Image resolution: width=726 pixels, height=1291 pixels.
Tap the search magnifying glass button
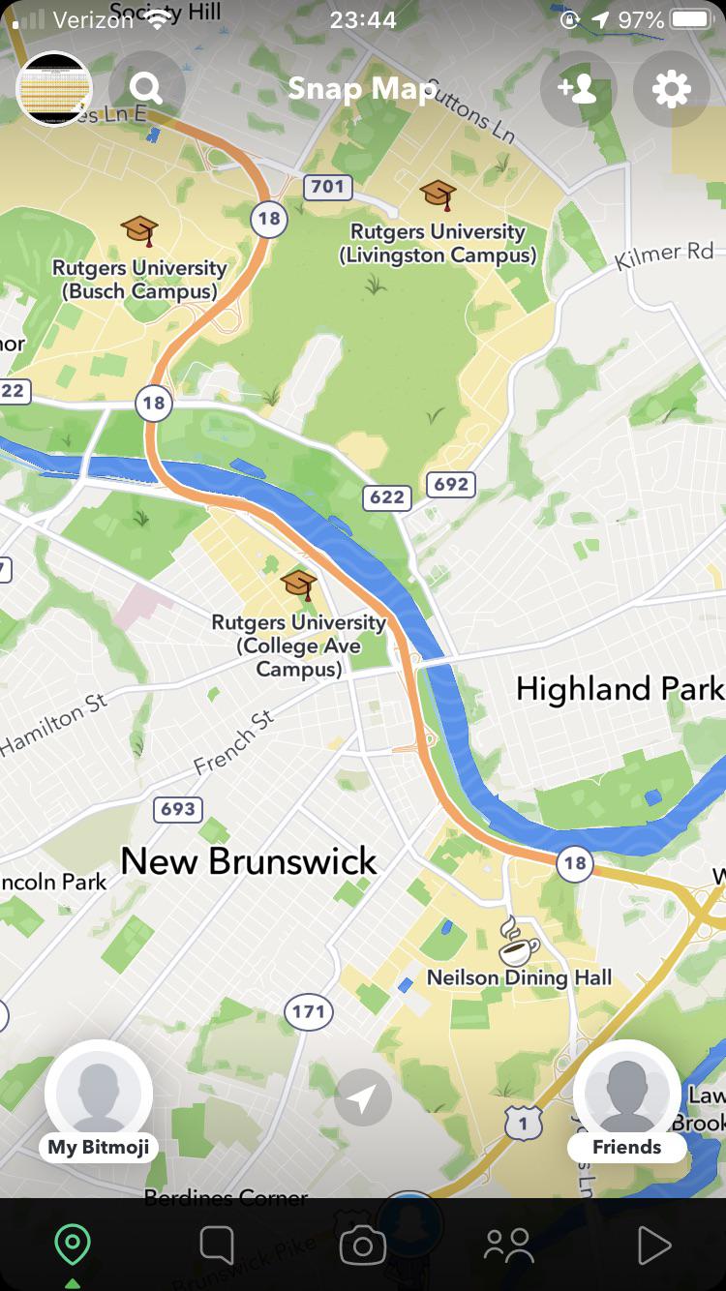(x=146, y=89)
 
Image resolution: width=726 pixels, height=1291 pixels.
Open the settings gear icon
(x=671, y=89)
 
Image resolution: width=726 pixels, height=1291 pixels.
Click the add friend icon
(x=578, y=89)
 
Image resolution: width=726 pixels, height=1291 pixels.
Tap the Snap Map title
(x=362, y=89)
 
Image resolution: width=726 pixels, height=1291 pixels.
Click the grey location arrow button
(x=363, y=1098)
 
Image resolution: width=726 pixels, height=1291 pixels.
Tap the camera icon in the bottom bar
(x=363, y=1246)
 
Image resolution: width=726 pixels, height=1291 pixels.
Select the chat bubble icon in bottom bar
(x=217, y=1246)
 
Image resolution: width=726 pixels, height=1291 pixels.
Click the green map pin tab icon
(x=73, y=1245)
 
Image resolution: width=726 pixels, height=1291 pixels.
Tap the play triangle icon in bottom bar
(x=653, y=1246)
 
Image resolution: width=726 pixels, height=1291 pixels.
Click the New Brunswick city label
(x=249, y=860)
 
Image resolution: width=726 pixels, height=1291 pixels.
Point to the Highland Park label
(x=620, y=688)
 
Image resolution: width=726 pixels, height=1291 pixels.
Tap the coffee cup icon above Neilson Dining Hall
(x=519, y=939)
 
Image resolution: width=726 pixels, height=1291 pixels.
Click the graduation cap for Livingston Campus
(x=439, y=195)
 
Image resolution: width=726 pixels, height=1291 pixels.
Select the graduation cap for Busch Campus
(x=139, y=230)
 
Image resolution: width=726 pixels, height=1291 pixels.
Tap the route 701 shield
(x=327, y=186)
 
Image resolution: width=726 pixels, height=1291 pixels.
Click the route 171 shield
(x=309, y=1012)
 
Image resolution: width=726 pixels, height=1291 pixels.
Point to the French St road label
(x=234, y=743)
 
